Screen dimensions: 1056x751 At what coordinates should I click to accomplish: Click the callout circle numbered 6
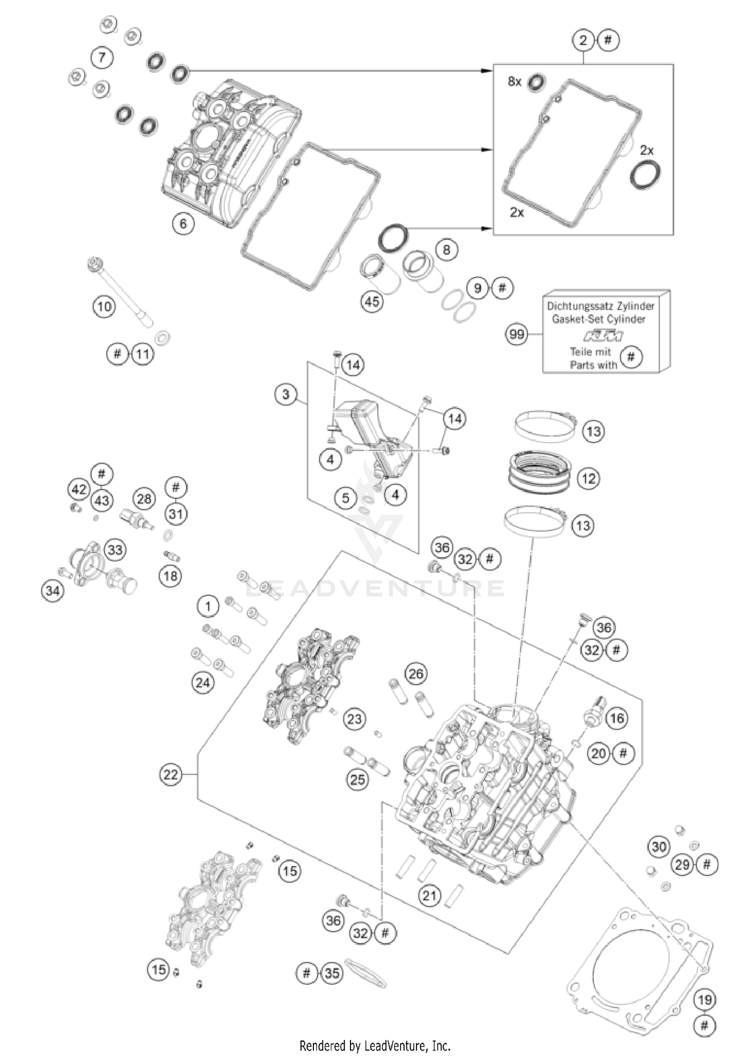click(183, 224)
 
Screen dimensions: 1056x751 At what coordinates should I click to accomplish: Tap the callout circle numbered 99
click(516, 334)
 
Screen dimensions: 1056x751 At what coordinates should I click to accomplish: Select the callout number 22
click(170, 774)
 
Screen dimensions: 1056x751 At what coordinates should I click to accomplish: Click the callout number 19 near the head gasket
click(704, 1000)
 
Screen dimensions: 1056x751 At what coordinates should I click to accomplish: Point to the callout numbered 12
click(588, 479)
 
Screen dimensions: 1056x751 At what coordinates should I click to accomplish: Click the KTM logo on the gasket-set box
click(603, 335)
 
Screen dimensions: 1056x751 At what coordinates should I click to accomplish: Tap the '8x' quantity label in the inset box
click(514, 81)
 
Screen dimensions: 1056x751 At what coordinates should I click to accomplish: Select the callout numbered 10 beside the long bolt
click(104, 306)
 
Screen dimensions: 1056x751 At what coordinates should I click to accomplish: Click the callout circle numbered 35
click(332, 973)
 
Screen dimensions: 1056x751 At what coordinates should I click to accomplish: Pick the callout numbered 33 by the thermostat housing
click(115, 550)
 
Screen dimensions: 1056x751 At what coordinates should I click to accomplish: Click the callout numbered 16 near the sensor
click(616, 718)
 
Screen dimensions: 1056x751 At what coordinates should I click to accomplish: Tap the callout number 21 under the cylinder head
click(429, 895)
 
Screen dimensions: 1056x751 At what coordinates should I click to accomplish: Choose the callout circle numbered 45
click(372, 302)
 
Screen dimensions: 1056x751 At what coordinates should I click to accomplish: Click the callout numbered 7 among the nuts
click(102, 57)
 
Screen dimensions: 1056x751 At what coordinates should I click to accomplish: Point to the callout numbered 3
click(285, 394)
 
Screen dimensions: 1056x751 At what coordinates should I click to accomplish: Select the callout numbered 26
click(416, 674)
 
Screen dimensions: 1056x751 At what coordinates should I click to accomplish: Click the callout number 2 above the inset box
click(583, 40)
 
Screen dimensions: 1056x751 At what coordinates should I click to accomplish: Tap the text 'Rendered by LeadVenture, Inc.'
click(375, 1045)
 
